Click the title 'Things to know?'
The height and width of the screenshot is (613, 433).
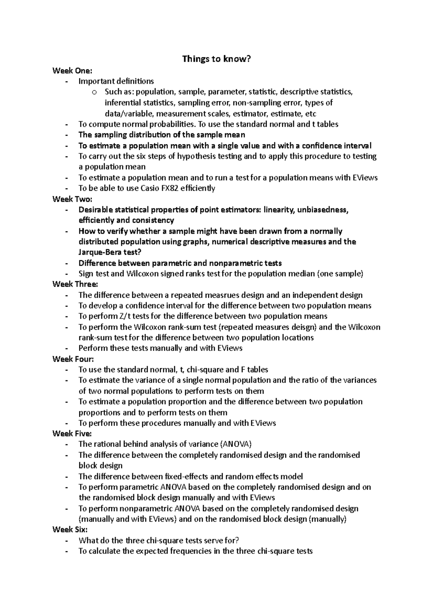(x=216, y=59)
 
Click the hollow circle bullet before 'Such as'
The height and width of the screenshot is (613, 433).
(x=95, y=92)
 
